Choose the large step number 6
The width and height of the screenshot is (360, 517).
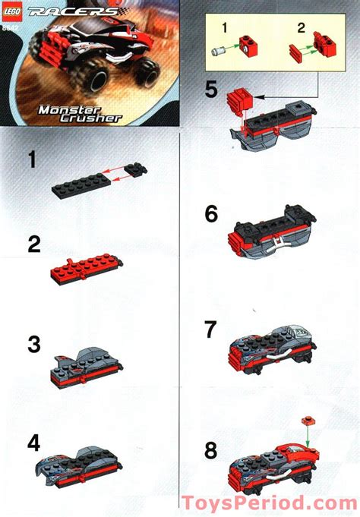[x=211, y=215]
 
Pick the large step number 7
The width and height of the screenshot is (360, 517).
[x=212, y=329]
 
